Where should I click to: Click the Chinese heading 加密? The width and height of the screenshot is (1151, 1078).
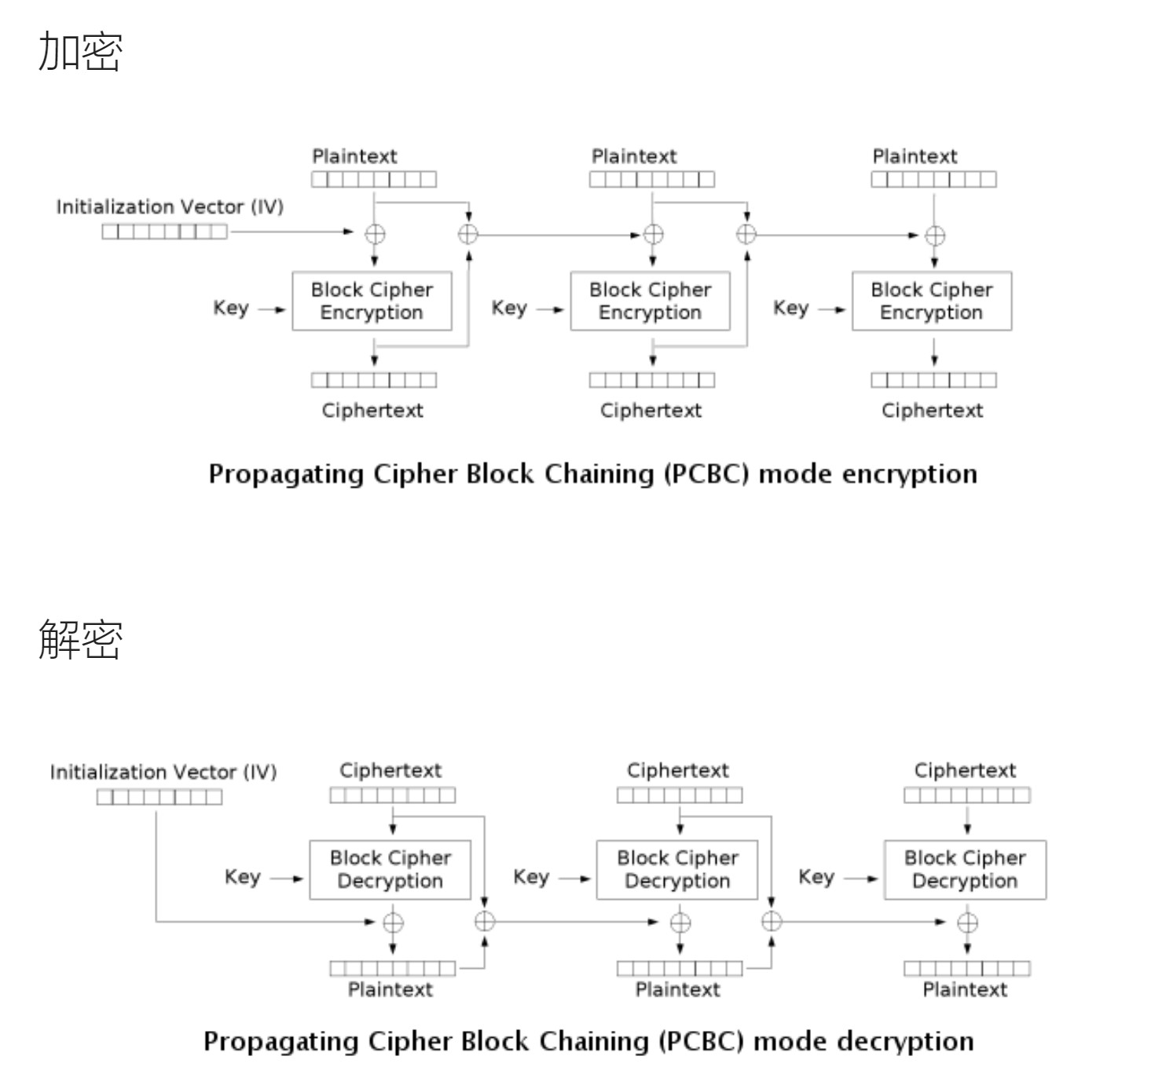coord(80,52)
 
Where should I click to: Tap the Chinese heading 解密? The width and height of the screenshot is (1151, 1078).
coord(80,640)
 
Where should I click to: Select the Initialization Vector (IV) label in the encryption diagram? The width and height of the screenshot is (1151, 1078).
coord(170,206)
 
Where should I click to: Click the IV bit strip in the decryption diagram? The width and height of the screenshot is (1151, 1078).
coord(159,797)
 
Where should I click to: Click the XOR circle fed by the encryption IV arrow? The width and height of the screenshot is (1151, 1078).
coord(375,235)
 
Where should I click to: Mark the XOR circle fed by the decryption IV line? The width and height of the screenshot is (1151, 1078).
coord(393,923)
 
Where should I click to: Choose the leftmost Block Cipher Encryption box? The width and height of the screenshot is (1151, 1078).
coord(372,301)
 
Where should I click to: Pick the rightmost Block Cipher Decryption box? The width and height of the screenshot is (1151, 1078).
coord(965,870)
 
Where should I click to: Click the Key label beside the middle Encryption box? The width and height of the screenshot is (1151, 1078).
coord(509,308)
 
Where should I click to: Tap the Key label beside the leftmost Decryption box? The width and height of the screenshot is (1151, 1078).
coord(243,877)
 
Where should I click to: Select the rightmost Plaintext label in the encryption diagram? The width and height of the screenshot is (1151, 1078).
coord(915,156)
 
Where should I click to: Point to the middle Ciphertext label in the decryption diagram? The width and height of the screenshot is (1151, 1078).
coord(677,770)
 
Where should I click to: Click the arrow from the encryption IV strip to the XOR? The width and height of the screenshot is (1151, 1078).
coord(291,232)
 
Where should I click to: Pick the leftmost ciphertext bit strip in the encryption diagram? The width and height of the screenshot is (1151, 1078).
coord(374,380)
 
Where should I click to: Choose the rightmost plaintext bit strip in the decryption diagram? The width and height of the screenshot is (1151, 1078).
coord(967,969)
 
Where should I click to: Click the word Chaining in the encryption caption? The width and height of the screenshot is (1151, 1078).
coord(599,475)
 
